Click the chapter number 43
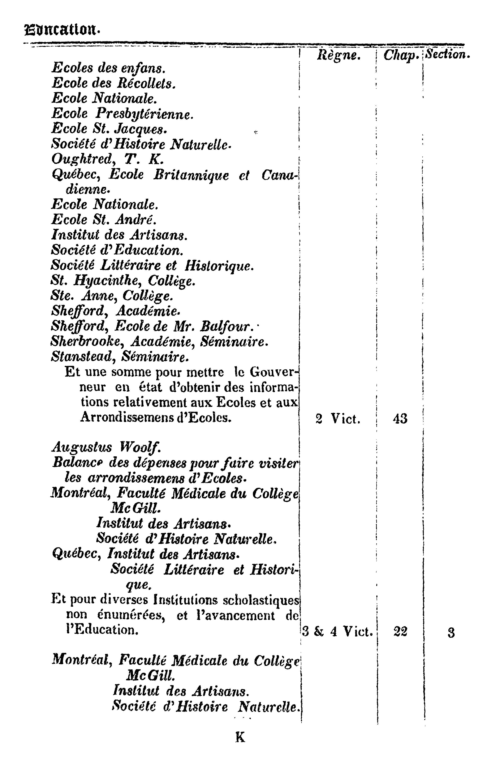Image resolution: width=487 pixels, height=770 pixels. click(400, 419)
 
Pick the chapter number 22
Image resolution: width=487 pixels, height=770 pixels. click(400, 631)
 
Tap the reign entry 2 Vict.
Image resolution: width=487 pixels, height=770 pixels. click(338, 419)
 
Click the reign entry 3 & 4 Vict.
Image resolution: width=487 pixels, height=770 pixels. click(338, 631)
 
